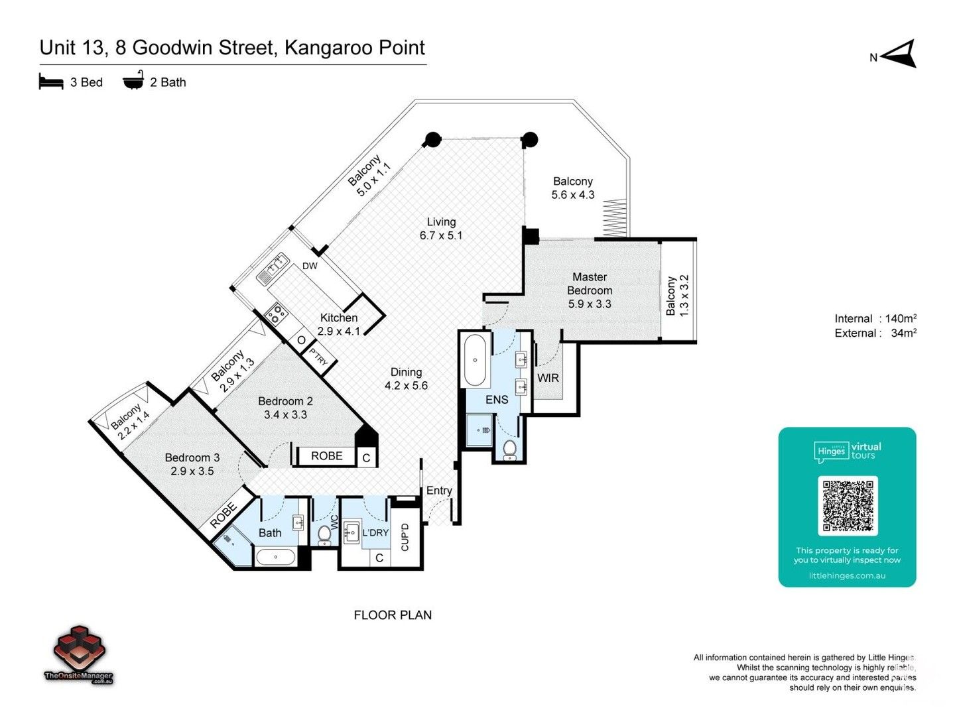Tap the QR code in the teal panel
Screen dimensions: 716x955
point(848,505)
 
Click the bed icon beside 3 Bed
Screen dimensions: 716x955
point(51,82)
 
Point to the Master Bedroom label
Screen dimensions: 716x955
point(590,284)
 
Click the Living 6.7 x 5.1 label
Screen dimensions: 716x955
point(441,229)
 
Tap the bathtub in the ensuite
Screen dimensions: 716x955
point(476,361)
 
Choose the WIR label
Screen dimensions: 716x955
point(548,378)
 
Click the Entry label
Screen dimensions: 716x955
point(439,491)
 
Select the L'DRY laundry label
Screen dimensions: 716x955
point(375,532)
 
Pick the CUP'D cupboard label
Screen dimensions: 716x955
point(405,537)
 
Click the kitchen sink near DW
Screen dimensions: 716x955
point(271,268)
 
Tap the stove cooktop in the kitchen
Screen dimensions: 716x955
point(275,312)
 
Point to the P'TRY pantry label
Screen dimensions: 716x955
point(319,359)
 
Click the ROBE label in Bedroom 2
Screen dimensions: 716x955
point(327,456)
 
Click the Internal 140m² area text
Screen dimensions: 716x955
point(875,319)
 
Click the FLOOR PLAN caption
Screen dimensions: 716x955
point(393,615)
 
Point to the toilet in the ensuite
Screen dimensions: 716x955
point(509,449)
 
